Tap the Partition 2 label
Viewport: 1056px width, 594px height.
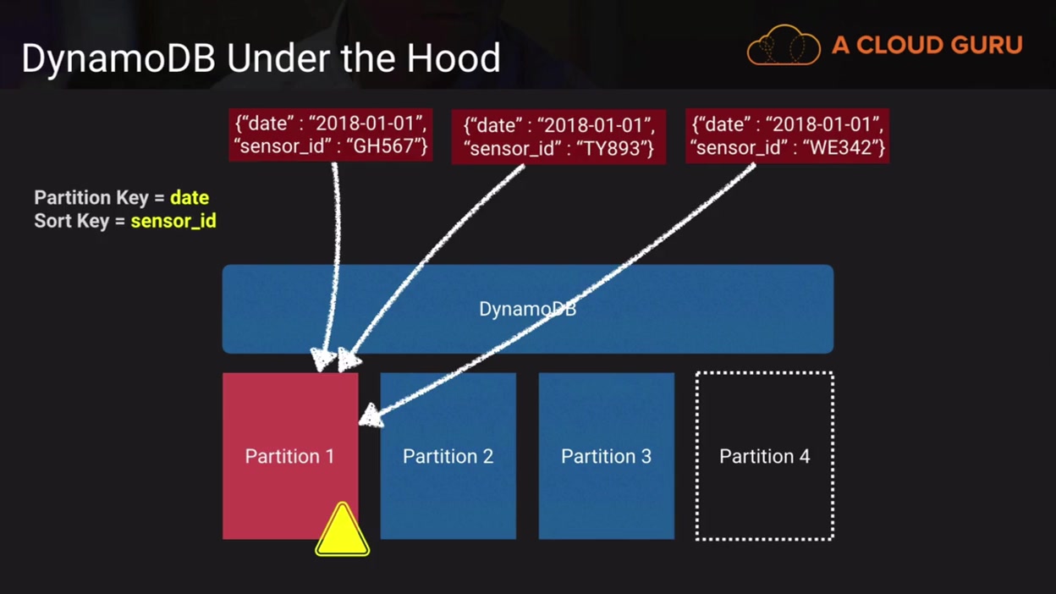pyautogui.click(x=448, y=457)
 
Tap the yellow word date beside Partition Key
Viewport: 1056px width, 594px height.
pyautogui.click(x=190, y=198)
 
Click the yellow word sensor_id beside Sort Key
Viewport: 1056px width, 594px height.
pyautogui.click(x=173, y=222)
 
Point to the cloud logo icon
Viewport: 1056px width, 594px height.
pyautogui.click(x=784, y=46)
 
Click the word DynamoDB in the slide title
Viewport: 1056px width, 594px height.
pyautogui.click(x=118, y=59)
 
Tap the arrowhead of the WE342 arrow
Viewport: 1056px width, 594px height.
pyautogui.click(x=370, y=415)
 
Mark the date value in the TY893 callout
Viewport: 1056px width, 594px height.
pyautogui.click(x=597, y=126)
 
